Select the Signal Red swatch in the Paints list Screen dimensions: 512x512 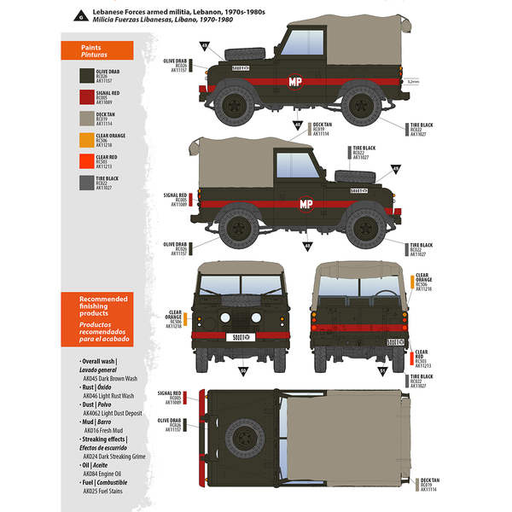(83, 95)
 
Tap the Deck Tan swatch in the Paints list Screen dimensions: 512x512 (83, 118)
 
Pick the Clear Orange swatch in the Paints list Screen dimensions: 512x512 (83, 140)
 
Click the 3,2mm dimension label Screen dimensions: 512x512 (414, 82)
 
